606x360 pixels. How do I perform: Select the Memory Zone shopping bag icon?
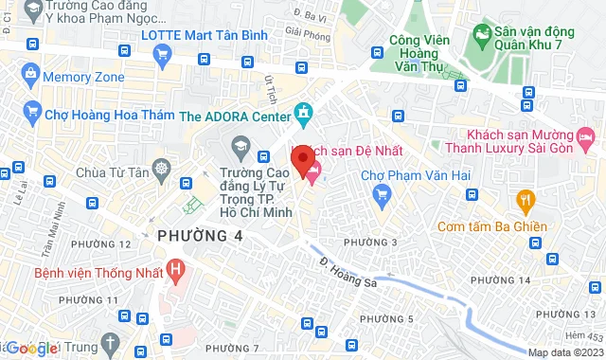31,75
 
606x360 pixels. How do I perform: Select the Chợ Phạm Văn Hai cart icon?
383,197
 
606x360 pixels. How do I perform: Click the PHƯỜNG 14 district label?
499,280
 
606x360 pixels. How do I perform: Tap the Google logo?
31,349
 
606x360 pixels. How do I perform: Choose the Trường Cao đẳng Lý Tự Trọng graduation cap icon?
240,147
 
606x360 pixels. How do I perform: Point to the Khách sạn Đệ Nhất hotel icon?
312,171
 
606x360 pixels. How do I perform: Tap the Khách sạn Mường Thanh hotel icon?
586,141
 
